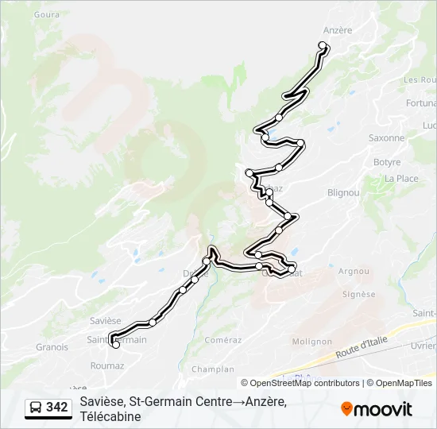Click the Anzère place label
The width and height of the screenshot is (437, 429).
pyautogui.click(x=338, y=31)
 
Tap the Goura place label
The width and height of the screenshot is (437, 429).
pyautogui.click(x=48, y=14)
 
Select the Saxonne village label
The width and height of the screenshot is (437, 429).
pyautogui.click(x=386, y=137)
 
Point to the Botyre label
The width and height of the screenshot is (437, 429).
pyautogui.click(x=387, y=162)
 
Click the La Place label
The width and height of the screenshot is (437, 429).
pyautogui.click(x=401, y=179)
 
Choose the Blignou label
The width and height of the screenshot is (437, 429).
pyautogui.click(x=343, y=193)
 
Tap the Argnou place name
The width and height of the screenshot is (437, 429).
pyautogui.click(x=354, y=271)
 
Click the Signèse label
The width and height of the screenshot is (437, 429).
pyautogui.click(x=358, y=294)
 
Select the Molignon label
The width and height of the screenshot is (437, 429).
pyautogui.click(x=311, y=342)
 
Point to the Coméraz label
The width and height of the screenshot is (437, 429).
pyautogui.click(x=222, y=339)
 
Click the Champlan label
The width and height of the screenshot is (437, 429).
pyautogui.click(x=213, y=369)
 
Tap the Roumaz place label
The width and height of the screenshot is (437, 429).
pyautogui.click(x=107, y=366)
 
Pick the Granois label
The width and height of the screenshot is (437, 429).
pyautogui.click(x=52, y=347)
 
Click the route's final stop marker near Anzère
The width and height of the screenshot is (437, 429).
pyautogui.click(x=323, y=45)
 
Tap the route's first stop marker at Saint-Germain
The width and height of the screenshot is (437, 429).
pyautogui.click(x=116, y=345)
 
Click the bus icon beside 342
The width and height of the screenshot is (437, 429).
pyautogui.click(x=37, y=408)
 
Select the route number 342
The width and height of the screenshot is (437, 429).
pyautogui.click(x=57, y=408)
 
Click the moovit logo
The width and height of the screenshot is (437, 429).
pyautogui.click(x=377, y=409)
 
